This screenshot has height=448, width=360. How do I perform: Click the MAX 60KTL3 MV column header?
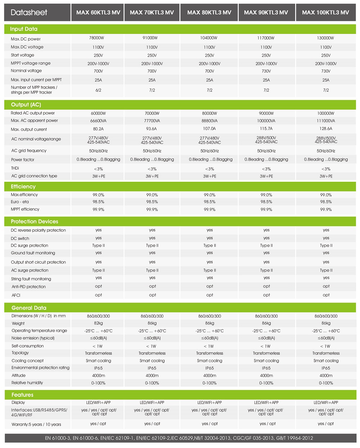pos(98,13)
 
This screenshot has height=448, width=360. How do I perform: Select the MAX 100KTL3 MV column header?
pos(325,13)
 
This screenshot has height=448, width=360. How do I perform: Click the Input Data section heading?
pos(24,29)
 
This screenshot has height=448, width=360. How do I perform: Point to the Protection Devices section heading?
pos(34,221)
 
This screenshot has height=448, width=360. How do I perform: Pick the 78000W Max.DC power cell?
pos(98,38)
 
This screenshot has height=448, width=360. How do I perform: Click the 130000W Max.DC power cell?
pos(326,38)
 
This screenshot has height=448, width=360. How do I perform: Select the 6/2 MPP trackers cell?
pos(98,90)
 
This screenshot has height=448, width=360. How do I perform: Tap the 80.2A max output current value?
pos(98,129)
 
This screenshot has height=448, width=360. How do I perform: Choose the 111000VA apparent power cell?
pos(326,121)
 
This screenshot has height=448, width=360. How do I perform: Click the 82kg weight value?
pos(98,323)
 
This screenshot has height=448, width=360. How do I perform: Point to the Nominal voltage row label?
pos(26,71)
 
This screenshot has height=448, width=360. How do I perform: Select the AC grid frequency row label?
pos(29,151)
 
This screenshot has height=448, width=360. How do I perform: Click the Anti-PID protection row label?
pos(29,287)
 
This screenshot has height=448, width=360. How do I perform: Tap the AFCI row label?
pos(16,295)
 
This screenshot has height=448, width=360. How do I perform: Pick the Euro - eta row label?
pos(20,202)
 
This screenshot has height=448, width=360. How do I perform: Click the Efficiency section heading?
pos(23,186)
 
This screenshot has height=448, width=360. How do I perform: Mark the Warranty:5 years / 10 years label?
pos(36,425)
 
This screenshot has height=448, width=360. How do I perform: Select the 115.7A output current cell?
pos(266,129)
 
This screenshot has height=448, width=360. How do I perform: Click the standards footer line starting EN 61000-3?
pos(179,438)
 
